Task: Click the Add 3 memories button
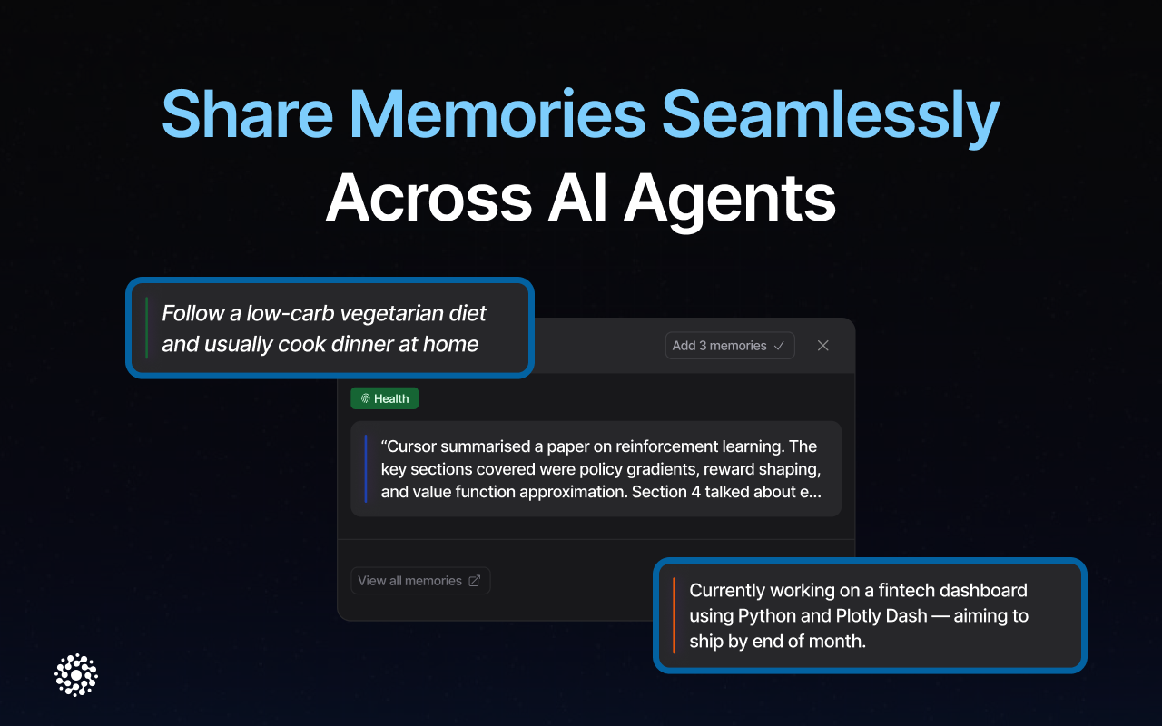(x=729, y=346)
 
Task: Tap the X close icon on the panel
(x=823, y=346)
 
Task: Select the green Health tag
(x=385, y=398)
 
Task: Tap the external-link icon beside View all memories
(x=474, y=581)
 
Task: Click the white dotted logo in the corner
(x=76, y=675)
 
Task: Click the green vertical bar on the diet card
(x=147, y=328)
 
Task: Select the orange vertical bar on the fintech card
(x=674, y=615)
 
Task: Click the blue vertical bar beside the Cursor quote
(x=366, y=469)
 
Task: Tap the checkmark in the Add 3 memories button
(x=779, y=346)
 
